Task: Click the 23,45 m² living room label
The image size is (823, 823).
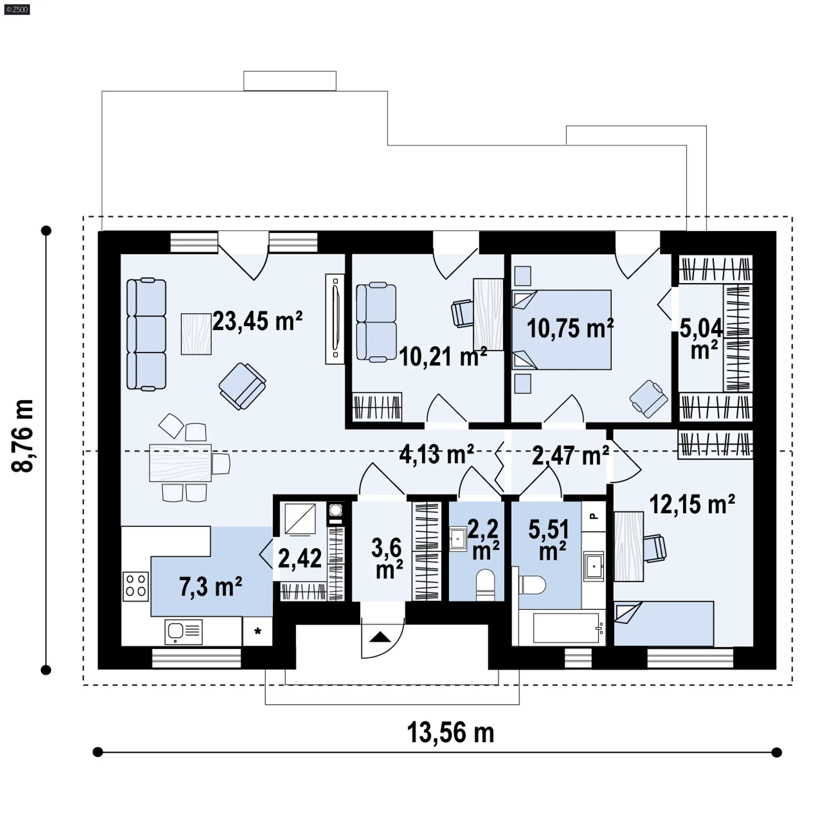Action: click(257, 321)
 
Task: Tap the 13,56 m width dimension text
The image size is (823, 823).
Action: click(450, 733)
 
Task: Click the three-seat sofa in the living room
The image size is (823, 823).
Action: click(147, 334)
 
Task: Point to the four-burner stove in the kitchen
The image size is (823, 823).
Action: click(136, 586)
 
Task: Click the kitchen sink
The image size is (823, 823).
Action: click(183, 632)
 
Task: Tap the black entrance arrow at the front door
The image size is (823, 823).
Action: click(381, 637)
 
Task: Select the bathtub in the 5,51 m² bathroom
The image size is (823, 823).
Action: click(562, 628)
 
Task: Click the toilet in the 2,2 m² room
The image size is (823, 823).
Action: click(485, 584)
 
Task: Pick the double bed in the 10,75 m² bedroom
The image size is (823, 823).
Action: click(562, 330)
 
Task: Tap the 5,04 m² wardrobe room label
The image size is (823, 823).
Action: click(701, 339)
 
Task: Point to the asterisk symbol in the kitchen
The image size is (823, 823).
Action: click(258, 631)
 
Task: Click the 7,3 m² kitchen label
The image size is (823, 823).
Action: click(211, 586)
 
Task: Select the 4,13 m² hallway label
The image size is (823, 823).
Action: click(436, 454)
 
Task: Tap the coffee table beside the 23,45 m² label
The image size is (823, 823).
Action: click(196, 334)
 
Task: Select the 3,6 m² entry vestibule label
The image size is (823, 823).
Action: click(387, 559)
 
